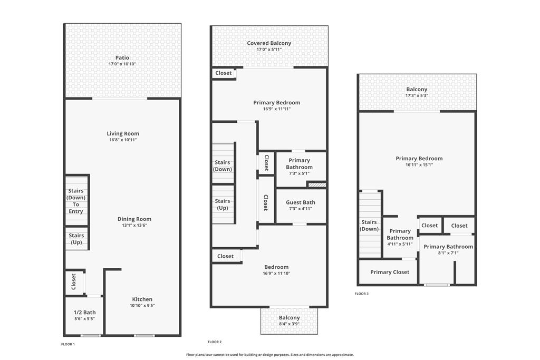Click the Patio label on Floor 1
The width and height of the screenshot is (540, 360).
coord(122,58)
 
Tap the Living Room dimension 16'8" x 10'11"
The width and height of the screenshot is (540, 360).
coord(123,140)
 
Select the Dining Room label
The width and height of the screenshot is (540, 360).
coord(134,219)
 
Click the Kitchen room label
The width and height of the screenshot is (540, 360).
coord(142,299)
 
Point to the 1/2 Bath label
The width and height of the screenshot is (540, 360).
coord(85,313)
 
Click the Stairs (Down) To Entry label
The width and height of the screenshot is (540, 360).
coord(76,201)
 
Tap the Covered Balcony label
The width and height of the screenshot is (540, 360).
coord(269,43)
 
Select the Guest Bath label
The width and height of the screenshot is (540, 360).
coord(301,202)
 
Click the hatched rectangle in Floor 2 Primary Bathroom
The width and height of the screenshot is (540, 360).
coord(317,185)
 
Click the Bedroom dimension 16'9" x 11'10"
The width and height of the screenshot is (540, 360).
coord(276,274)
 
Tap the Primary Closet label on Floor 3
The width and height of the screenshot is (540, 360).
coord(390,272)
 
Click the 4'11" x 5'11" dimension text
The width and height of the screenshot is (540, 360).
coord(400,244)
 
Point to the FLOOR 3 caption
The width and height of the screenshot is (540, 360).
coord(362,294)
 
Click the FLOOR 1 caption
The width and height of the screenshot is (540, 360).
coord(68,344)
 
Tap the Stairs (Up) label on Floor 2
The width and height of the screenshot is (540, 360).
coord(223,205)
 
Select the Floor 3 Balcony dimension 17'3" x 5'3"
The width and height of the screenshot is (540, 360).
coord(417,96)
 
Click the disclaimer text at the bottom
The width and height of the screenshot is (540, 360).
coord(270,355)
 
